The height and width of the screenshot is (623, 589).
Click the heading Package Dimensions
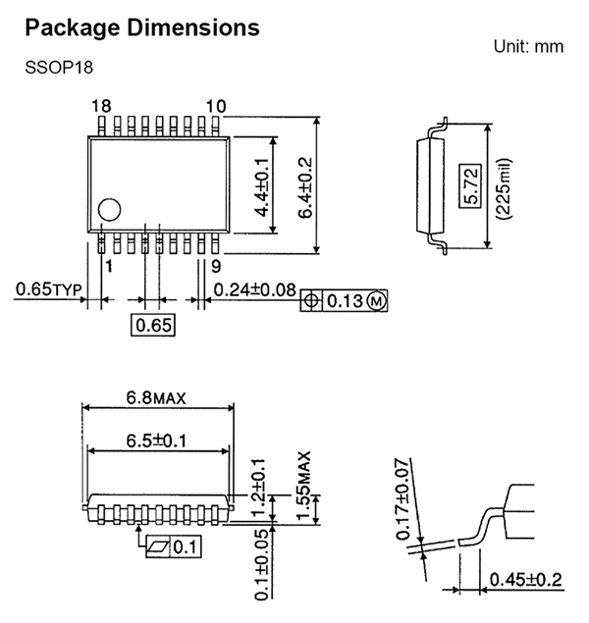(142, 28)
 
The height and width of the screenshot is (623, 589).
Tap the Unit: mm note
(528, 46)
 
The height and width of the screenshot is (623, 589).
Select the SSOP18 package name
(59, 67)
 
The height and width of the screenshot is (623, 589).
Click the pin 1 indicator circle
(109, 209)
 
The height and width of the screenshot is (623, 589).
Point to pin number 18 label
(101, 106)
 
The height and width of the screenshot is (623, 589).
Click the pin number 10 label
(216, 106)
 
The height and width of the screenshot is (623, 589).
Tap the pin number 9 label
(216, 266)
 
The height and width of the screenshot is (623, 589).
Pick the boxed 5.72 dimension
(470, 186)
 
